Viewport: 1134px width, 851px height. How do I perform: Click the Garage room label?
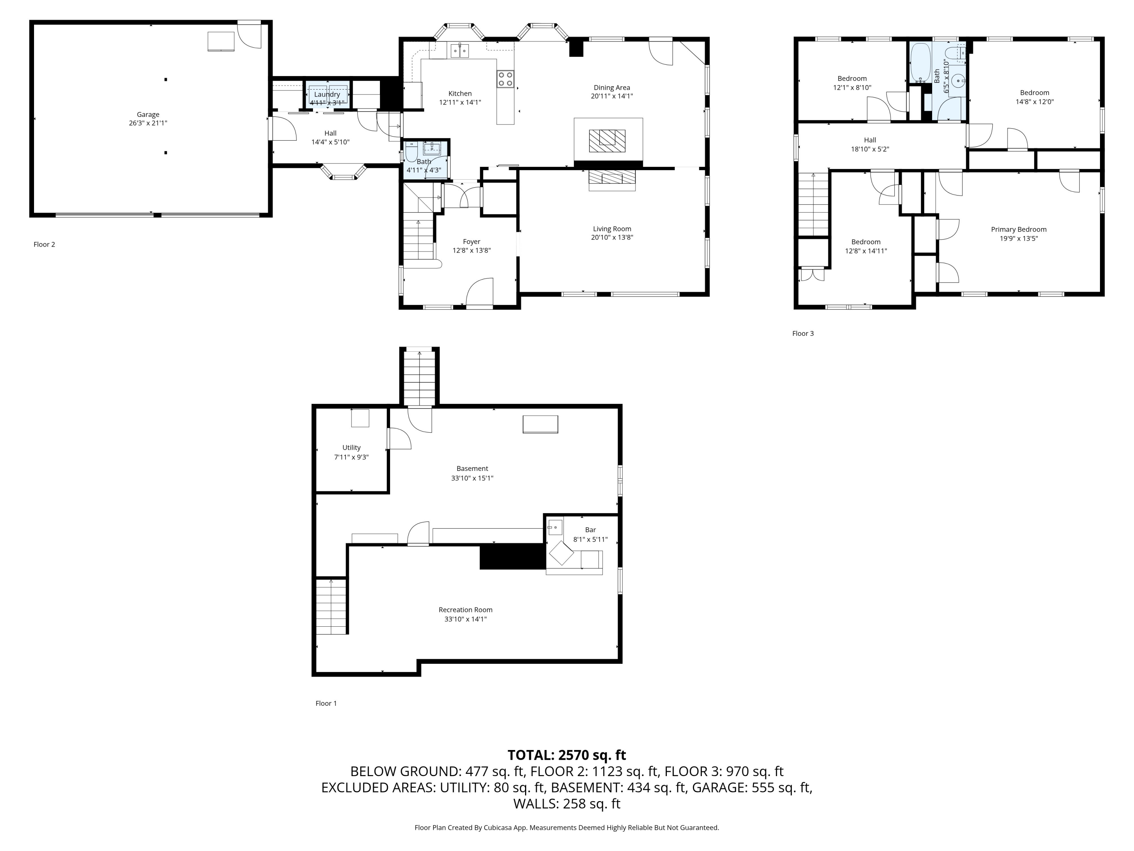148,114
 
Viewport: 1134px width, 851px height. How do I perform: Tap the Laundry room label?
327,95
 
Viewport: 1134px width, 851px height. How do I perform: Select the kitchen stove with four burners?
505,79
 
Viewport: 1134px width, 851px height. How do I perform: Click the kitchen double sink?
460,51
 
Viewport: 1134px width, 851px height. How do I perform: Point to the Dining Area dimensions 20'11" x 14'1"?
612,96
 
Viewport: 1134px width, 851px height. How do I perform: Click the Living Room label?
612,229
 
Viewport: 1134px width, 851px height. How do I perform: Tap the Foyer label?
472,242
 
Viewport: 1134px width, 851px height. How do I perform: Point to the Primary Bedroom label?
1019,229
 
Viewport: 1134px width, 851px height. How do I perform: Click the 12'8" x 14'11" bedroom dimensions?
866,251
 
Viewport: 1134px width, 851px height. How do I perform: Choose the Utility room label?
352,447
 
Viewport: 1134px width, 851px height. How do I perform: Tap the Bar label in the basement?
590,530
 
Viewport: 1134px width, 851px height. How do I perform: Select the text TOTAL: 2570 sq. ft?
567,755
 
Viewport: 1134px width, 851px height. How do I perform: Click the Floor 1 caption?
326,703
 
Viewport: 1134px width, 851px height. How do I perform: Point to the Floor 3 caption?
803,334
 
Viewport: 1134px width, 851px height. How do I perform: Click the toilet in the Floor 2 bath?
412,151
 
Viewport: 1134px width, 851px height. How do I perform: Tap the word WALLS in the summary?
536,804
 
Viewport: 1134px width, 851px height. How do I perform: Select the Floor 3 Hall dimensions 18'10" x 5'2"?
870,149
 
